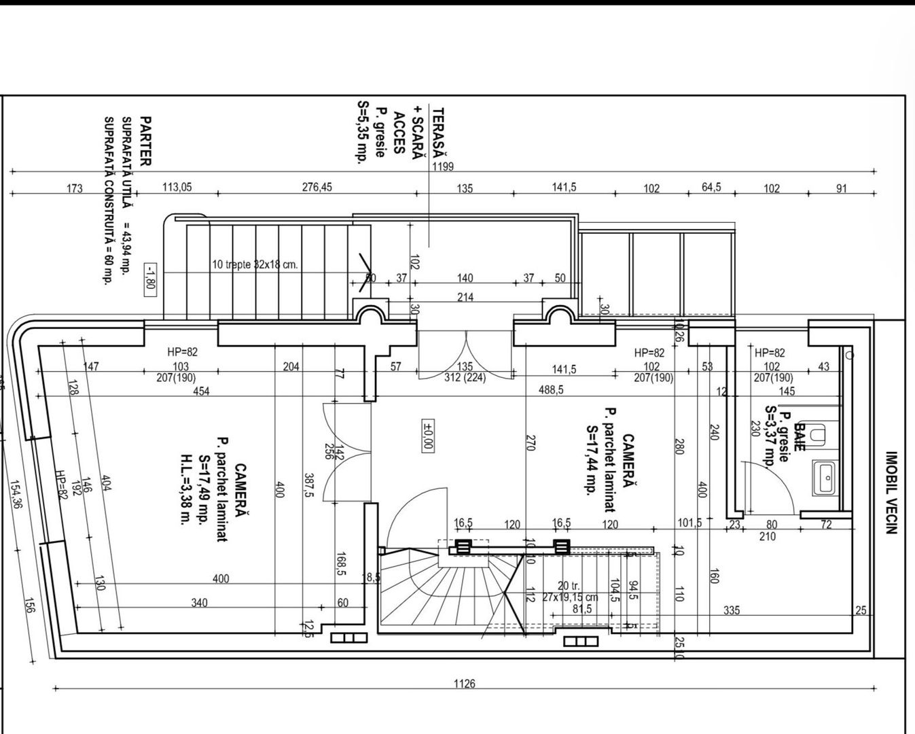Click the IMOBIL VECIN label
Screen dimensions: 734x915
(892, 493)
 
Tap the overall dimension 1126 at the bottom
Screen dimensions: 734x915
(465, 684)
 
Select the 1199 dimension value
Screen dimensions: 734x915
(442, 167)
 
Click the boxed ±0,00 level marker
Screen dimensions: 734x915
(428, 435)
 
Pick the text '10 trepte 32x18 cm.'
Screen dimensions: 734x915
(255, 265)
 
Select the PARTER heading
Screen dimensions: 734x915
(145, 141)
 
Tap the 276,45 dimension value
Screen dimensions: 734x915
(317, 187)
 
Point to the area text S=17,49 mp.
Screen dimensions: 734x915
(204, 489)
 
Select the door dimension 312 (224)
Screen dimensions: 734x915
(465, 377)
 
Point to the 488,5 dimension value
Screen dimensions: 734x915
(551, 390)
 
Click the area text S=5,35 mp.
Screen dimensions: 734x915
(362, 133)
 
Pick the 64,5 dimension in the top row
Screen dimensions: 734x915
(711, 187)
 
